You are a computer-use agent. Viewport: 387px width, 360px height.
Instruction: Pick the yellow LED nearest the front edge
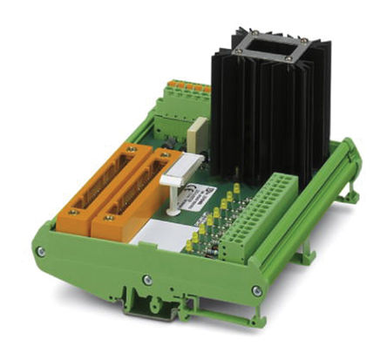[189, 247]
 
